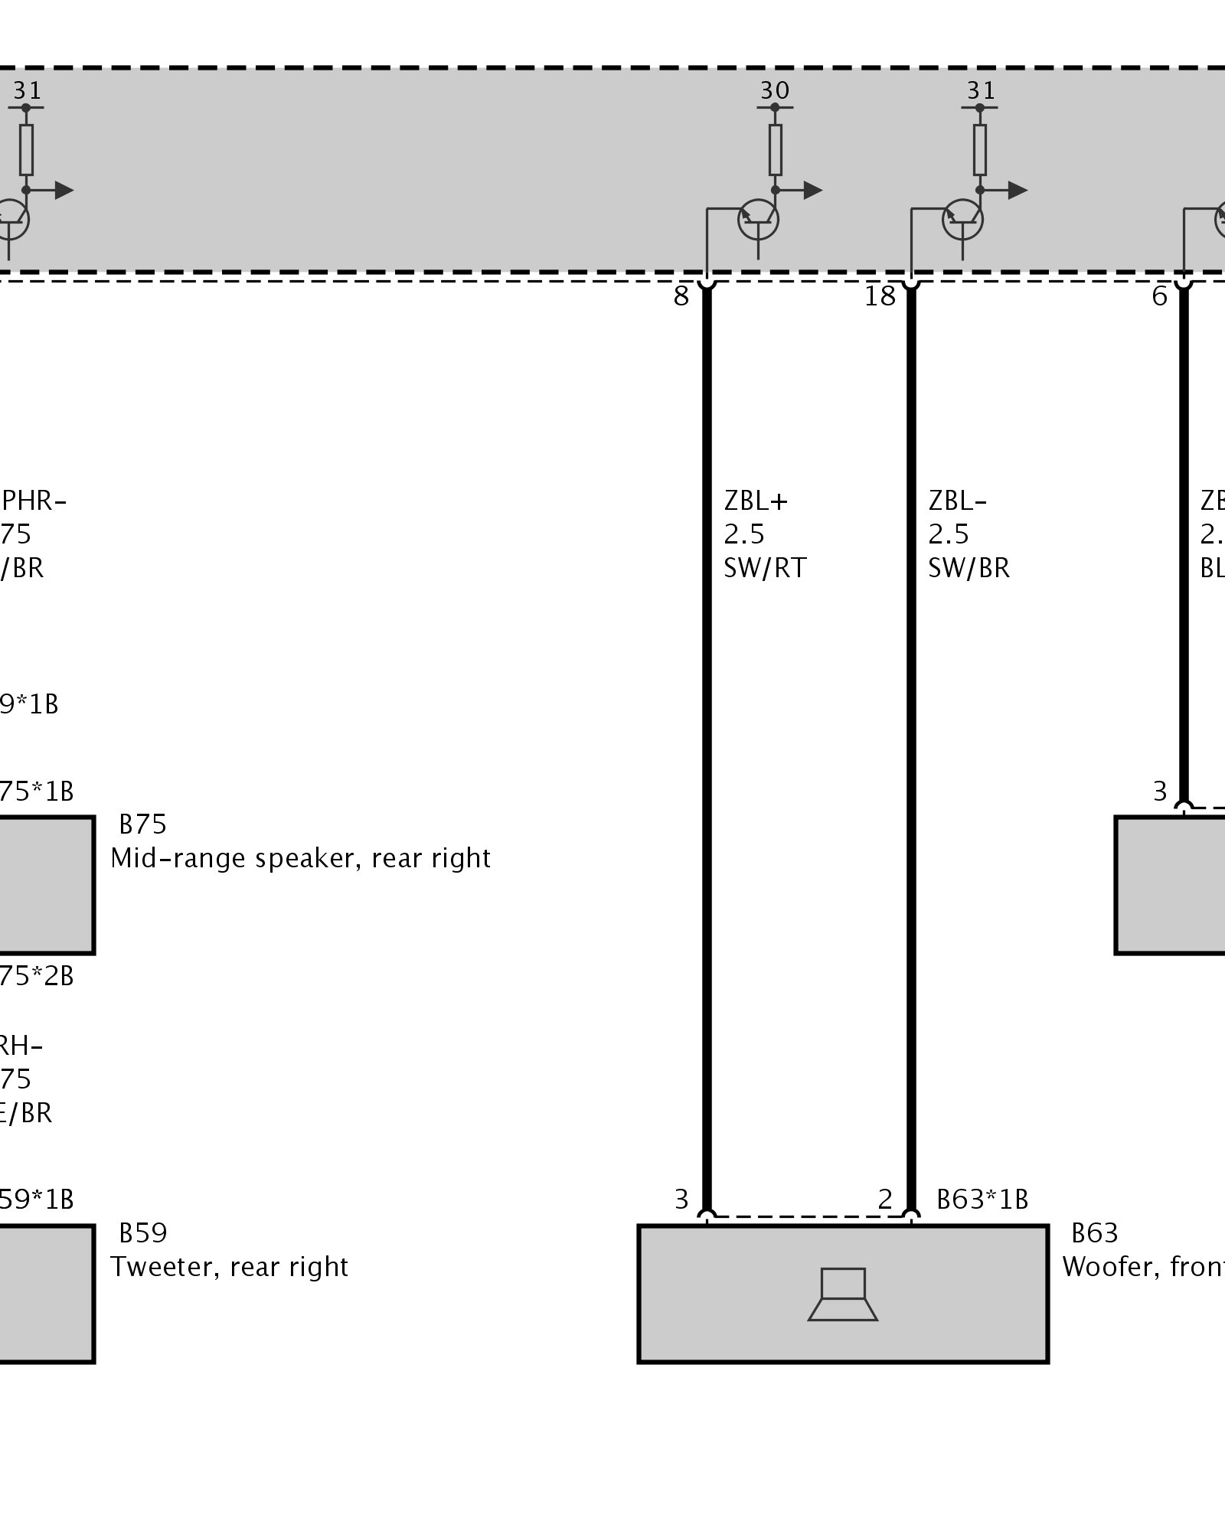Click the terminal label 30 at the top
pyautogui.click(x=774, y=91)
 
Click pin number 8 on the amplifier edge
pyautogui.click(x=681, y=296)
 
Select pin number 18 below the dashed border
pyautogui.click(x=880, y=296)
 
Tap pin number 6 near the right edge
pyautogui.click(x=1160, y=296)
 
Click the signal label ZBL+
pyautogui.click(x=756, y=501)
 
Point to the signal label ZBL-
pyautogui.click(x=957, y=501)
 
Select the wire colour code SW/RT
pyautogui.click(x=765, y=568)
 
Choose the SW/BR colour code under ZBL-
pyautogui.click(x=969, y=568)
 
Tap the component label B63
pyautogui.click(x=1094, y=1233)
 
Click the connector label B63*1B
pyautogui.click(x=982, y=1199)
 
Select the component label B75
pyautogui.click(x=142, y=824)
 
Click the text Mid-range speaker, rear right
pyautogui.click(x=300, y=858)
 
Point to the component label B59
pyautogui.click(x=142, y=1233)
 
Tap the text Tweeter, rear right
pyautogui.click(x=229, y=1267)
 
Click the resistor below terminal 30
pyautogui.click(x=775, y=149)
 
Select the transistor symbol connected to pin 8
pyautogui.click(x=758, y=220)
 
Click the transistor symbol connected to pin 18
pyautogui.click(x=962, y=220)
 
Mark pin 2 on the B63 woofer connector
pyautogui.click(x=885, y=1199)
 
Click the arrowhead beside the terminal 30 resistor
pyautogui.click(x=813, y=190)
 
